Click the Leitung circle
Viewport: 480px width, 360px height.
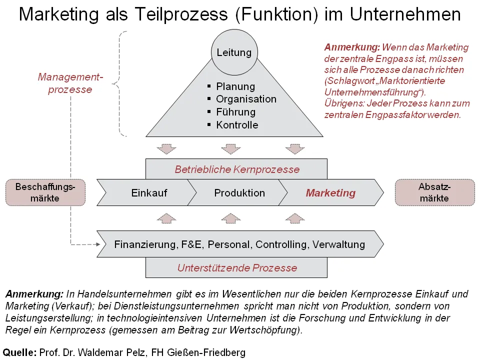click(x=234, y=52)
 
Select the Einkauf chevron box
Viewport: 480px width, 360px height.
click(x=146, y=192)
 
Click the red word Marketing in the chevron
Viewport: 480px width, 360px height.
click(x=330, y=193)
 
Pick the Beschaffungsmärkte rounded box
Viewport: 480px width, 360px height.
click(x=45, y=192)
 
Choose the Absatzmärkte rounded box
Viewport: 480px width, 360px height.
click(x=434, y=192)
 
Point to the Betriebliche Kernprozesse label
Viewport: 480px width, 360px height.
click(x=237, y=169)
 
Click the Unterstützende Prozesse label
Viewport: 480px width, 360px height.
click(x=237, y=268)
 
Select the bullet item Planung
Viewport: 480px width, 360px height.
click(x=235, y=86)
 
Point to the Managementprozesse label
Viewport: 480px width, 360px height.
click(x=70, y=83)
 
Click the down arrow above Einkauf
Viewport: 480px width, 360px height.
click(x=166, y=149)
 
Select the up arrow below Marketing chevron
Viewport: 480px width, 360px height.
click(x=295, y=218)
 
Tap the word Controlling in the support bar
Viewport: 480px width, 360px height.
click(x=281, y=244)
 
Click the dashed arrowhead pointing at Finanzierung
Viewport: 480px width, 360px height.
click(x=98, y=244)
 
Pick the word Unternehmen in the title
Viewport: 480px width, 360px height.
click(x=405, y=14)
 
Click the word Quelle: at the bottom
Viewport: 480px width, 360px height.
click(x=19, y=352)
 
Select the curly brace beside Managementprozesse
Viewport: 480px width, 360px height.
click(x=119, y=83)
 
